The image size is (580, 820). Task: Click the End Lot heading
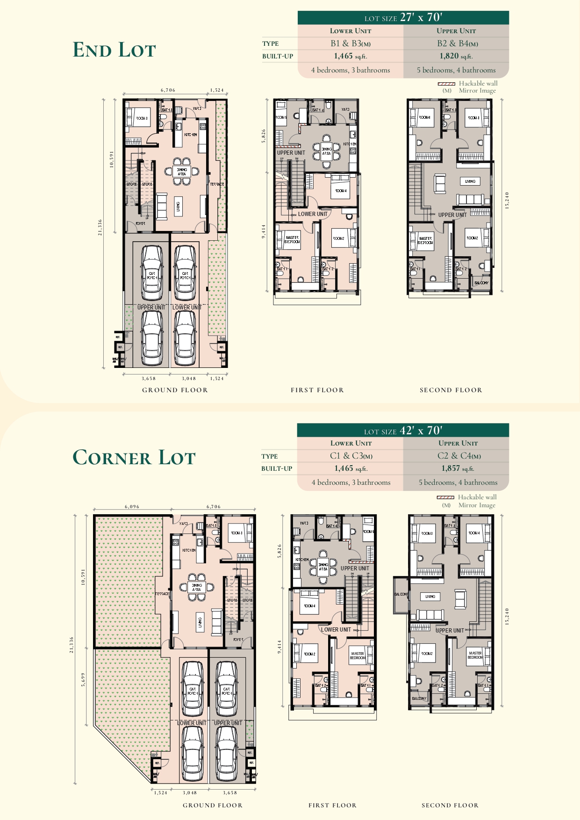point(114,50)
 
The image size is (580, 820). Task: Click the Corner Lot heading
point(134,458)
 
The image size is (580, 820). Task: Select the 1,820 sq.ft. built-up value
point(456,56)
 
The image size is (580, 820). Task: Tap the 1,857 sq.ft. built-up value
point(457,468)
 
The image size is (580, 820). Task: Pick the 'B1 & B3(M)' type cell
point(351,43)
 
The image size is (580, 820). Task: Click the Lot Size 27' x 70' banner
point(403,18)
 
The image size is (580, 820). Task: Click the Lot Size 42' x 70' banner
point(403,431)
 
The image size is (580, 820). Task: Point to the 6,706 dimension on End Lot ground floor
point(168,90)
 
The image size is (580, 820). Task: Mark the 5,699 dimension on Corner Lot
point(83,679)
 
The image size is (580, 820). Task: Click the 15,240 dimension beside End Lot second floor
point(507,200)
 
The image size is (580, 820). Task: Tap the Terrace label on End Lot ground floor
point(217,184)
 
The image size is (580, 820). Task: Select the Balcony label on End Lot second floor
point(481,283)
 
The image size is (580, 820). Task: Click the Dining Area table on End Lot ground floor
point(182,172)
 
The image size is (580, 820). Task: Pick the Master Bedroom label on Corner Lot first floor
point(358,655)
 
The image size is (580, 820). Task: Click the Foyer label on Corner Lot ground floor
point(238,640)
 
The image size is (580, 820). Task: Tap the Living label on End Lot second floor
point(470,181)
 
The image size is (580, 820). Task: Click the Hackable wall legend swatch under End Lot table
point(446,84)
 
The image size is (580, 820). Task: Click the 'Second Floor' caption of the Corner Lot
point(450,805)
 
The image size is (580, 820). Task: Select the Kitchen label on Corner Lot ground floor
point(189,550)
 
